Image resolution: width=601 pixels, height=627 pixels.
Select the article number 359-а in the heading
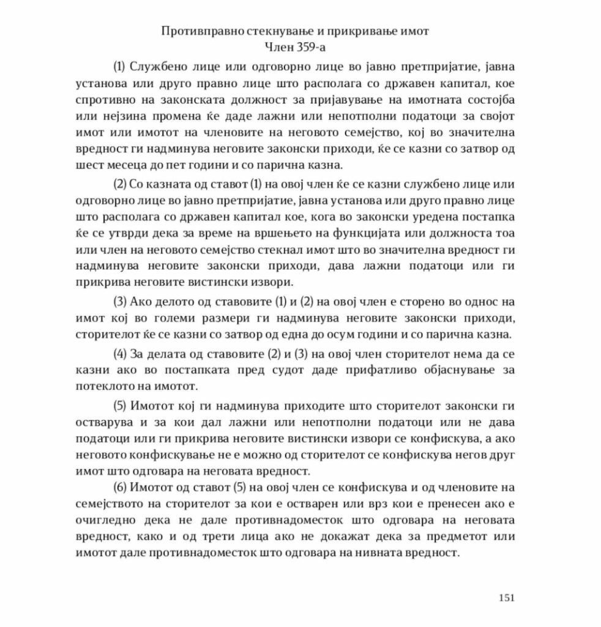point(306,45)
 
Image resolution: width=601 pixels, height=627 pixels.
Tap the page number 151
point(507,598)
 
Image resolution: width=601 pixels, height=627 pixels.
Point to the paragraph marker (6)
point(121,487)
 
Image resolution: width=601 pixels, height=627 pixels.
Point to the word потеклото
point(102,387)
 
